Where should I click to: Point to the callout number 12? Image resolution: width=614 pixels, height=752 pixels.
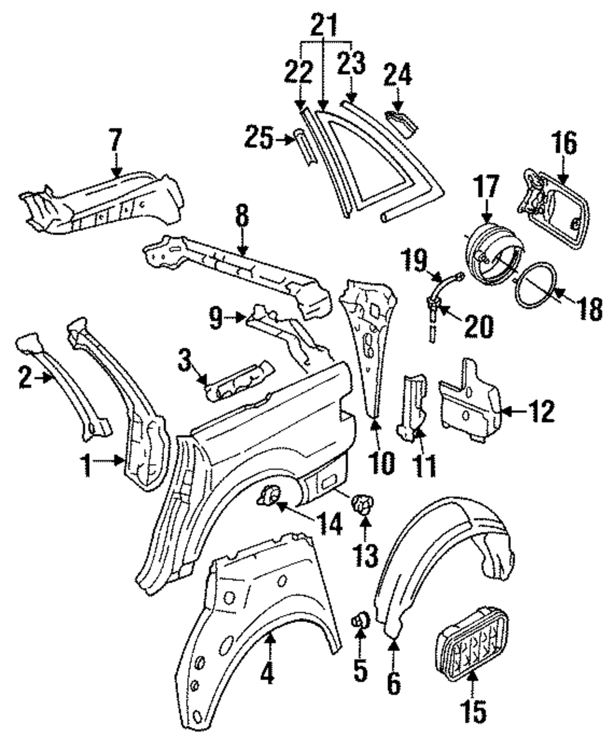pos(540,411)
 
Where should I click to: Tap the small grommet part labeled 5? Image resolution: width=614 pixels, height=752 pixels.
pos(359,622)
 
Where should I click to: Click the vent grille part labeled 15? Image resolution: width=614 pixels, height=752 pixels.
pos(471,642)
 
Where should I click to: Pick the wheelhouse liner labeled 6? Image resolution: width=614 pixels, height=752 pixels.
pos(442,552)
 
